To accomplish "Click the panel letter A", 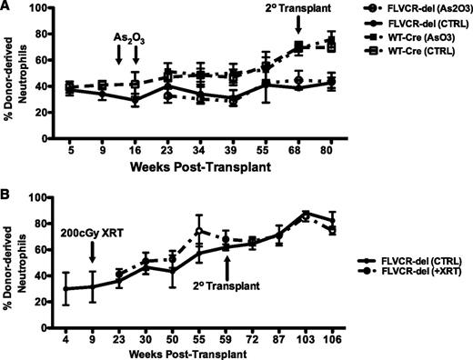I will pos(6,7).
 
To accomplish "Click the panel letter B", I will pos(6,192).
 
